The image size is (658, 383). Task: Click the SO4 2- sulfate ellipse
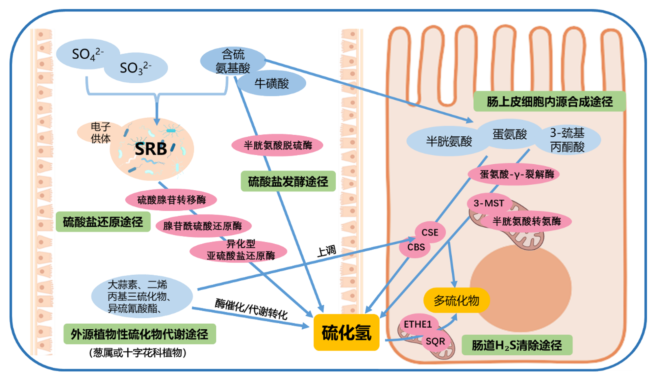[87, 54]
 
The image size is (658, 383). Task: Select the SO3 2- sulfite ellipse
[136, 68]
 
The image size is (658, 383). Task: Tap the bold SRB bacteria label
[151, 149]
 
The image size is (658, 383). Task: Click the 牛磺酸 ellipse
[271, 83]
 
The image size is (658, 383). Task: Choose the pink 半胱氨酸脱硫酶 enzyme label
[277, 145]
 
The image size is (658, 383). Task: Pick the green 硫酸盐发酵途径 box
[288, 181]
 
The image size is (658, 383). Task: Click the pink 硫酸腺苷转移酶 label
[171, 200]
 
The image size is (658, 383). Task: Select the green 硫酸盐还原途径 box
[103, 222]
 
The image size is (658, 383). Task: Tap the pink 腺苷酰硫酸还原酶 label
[203, 226]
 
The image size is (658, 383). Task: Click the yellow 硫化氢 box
[346, 332]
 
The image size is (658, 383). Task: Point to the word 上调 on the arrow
[327, 251]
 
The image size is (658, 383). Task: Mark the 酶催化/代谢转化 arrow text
[251, 309]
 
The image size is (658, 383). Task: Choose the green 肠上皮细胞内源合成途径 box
[549, 101]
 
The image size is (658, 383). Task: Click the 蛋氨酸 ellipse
[510, 134]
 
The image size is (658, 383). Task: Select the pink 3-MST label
[489, 203]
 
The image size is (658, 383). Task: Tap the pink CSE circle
[430, 232]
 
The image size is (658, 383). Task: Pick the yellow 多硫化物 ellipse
[457, 300]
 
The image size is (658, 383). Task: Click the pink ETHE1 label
[418, 324]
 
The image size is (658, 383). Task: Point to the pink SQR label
[435, 342]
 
